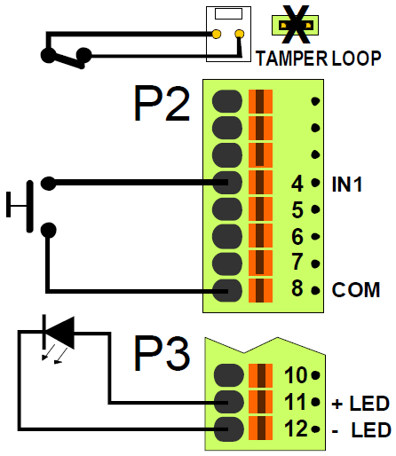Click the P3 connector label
coord(162,356)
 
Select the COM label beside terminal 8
coord(355,290)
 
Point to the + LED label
coord(360,405)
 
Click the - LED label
coord(360,431)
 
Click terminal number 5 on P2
coord(297,211)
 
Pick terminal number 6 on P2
coord(297,237)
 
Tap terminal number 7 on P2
coord(297,263)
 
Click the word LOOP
coord(357,59)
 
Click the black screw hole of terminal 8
coord(228,289)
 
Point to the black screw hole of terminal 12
coord(228,429)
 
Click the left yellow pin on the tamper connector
coord(217,35)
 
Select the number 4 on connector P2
coord(297,185)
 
